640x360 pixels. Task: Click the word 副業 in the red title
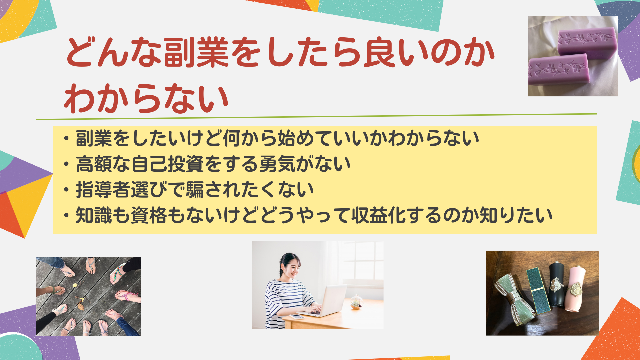point(196,52)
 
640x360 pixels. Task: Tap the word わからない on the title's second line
point(146,99)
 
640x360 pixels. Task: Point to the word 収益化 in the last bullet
point(378,215)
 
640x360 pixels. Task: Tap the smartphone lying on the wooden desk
point(297,316)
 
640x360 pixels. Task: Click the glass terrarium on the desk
point(356,302)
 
